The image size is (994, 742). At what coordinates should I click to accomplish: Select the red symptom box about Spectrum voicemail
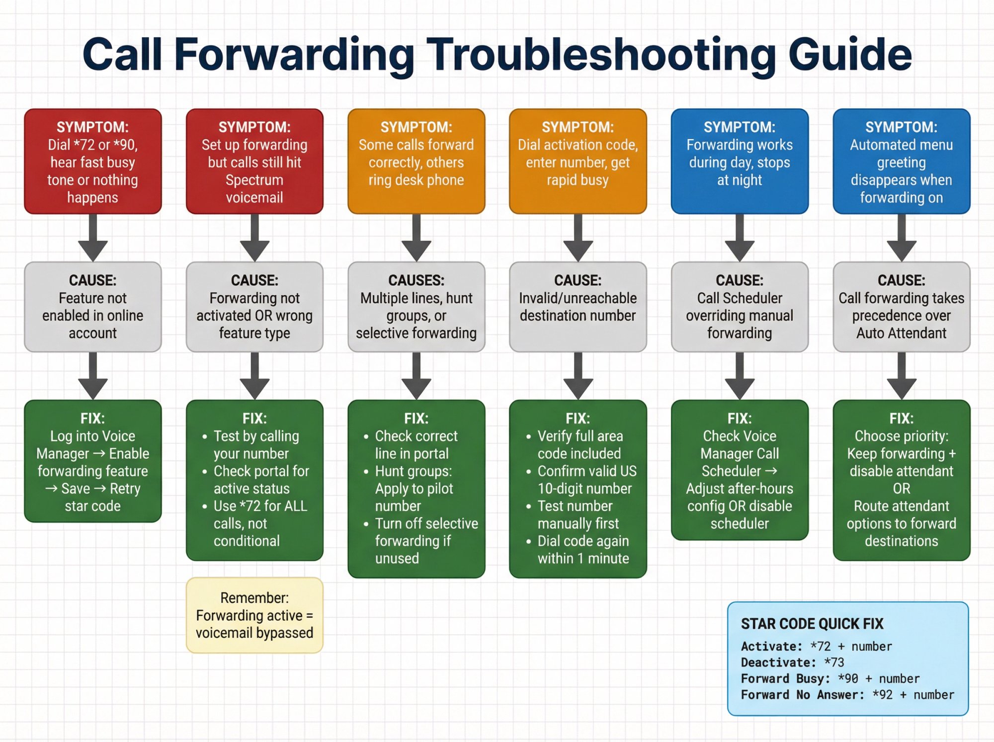(254, 162)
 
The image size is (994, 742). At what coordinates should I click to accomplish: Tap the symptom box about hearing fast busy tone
(93, 162)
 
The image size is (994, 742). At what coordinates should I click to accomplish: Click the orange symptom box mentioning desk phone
(416, 162)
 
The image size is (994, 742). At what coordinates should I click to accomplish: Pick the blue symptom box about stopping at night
(740, 162)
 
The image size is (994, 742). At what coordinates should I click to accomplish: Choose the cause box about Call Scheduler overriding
(740, 307)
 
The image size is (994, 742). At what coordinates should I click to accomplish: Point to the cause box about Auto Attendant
(901, 307)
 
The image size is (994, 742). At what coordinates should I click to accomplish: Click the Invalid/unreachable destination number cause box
(578, 307)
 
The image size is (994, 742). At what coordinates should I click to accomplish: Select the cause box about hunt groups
(416, 307)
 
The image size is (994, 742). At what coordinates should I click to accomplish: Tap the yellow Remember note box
(254, 615)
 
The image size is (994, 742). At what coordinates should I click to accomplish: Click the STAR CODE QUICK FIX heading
(812, 624)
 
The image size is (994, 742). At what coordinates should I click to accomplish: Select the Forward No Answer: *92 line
(847, 695)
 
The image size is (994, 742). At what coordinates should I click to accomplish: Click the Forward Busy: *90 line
(830, 679)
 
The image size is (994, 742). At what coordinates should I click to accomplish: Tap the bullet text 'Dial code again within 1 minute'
(583, 550)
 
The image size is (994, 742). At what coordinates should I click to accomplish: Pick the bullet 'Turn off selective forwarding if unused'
(426, 541)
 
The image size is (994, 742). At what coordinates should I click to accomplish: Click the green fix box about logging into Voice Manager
(93, 461)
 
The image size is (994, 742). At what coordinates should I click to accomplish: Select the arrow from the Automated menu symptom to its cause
(902, 238)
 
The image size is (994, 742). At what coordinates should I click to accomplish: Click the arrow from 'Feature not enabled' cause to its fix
(93, 376)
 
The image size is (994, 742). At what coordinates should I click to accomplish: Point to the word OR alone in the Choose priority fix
(902, 489)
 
